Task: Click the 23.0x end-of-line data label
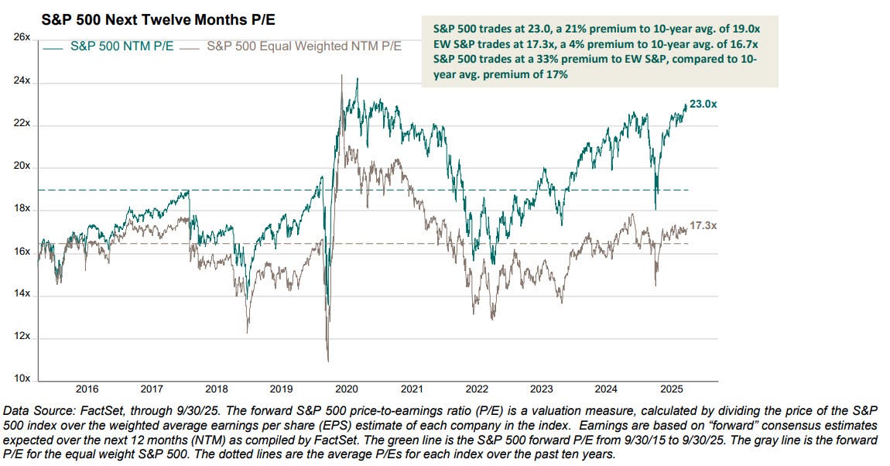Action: [x=703, y=104]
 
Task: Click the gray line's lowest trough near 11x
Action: [x=328, y=360]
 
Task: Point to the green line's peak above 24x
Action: [x=356, y=78]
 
